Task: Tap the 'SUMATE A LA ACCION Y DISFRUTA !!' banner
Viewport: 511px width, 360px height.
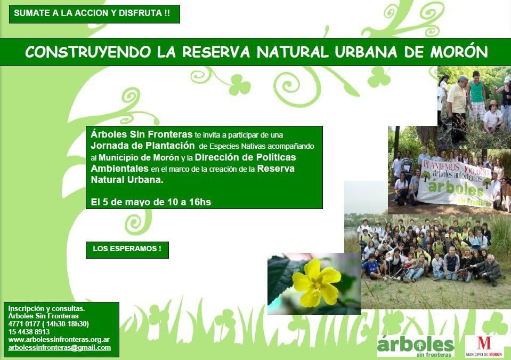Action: coord(94,14)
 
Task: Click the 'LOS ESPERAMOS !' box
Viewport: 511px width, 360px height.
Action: coord(127,250)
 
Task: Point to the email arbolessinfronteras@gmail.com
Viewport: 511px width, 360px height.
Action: coord(59,348)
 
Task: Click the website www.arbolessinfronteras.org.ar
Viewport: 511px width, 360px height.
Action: coord(59,340)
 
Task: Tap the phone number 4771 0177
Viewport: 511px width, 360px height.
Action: coord(24,324)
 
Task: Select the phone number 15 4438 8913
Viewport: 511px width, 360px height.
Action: coord(29,332)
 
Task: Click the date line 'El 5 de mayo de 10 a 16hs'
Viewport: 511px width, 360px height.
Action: coord(151,202)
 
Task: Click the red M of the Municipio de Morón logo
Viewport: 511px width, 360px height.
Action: coord(484,343)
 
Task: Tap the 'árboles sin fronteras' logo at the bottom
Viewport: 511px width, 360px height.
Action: coord(416,346)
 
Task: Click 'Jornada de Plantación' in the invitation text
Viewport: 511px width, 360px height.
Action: coord(143,146)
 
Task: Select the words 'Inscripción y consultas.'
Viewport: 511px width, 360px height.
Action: coord(46,308)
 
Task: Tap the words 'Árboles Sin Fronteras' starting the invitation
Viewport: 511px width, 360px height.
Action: coord(141,134)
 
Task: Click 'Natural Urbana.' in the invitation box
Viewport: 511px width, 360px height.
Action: coord(127,180)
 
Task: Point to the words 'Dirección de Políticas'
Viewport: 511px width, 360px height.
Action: coord(246,157)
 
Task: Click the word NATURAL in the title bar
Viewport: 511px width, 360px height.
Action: coord(293,52)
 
